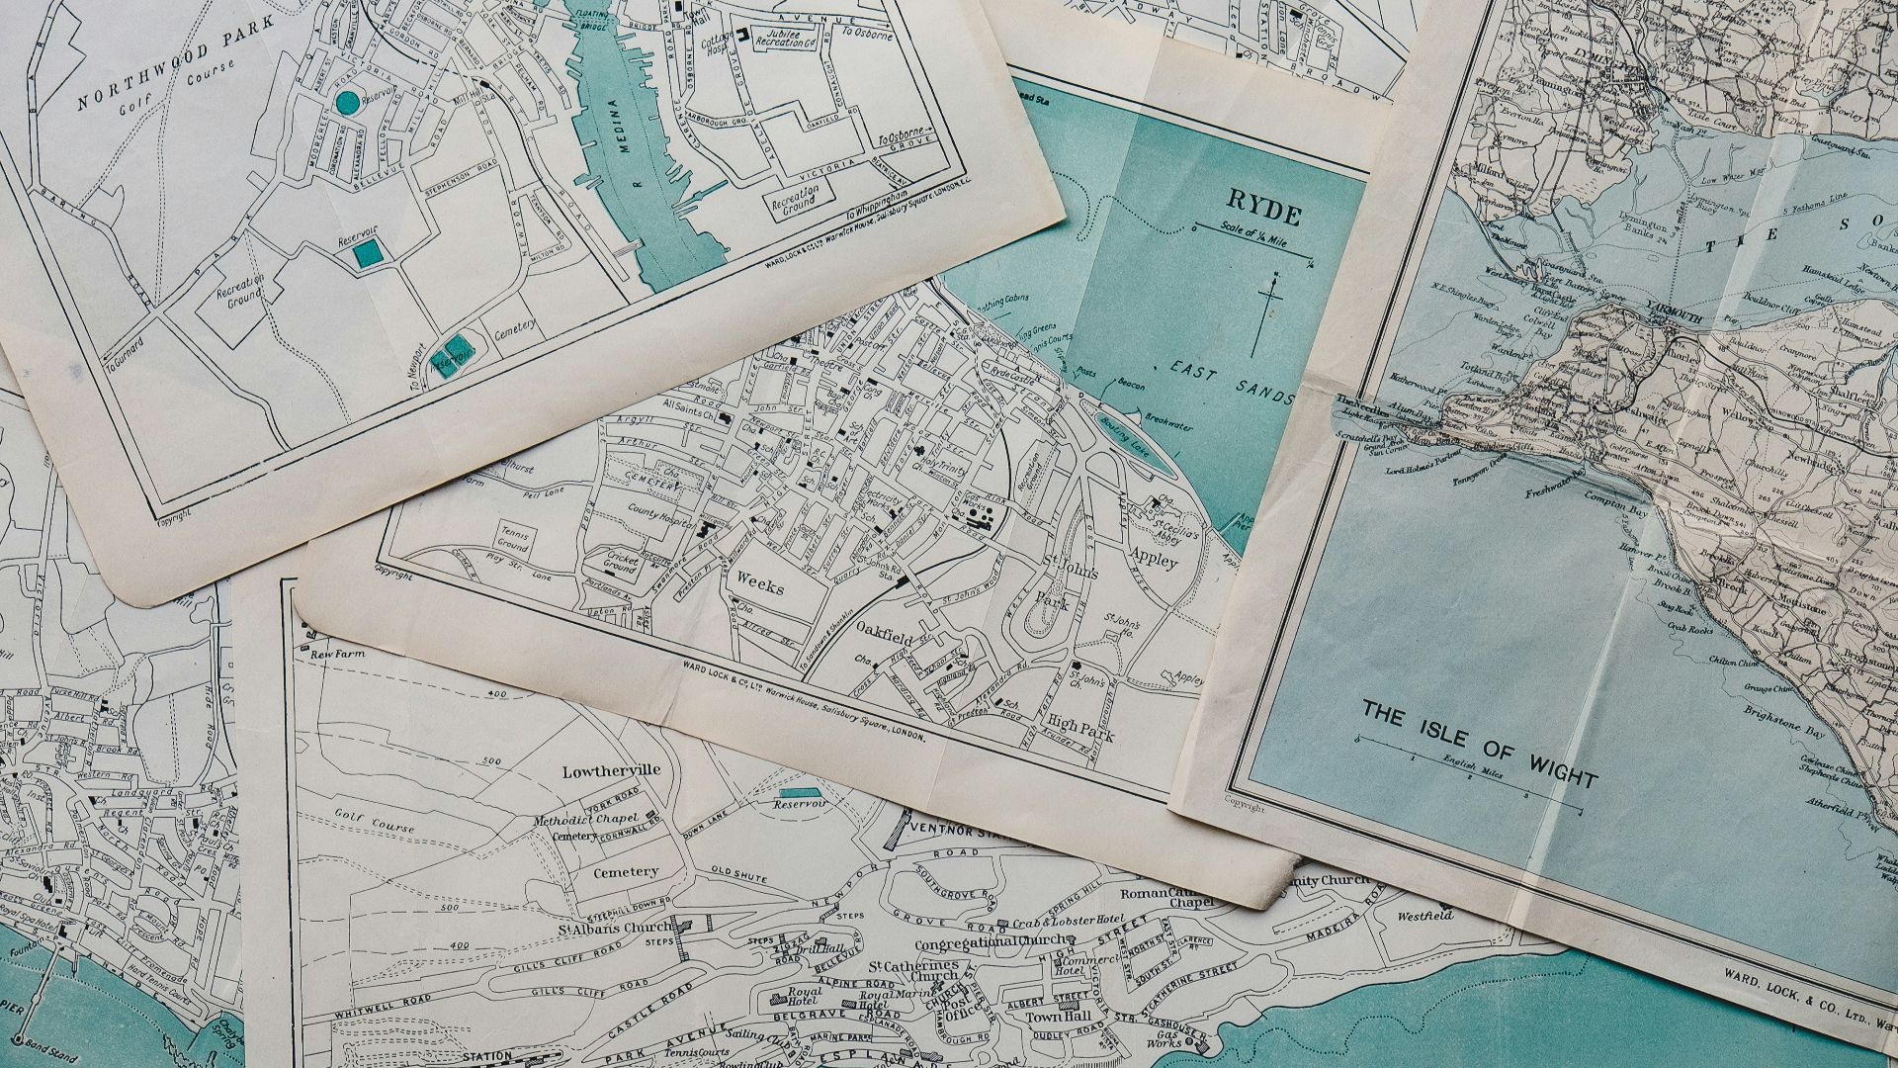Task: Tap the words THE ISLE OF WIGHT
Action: tap(1480, 744)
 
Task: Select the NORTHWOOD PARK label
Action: tap(153, 86)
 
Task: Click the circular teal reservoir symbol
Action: tap(347, 102)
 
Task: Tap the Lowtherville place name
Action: tap(610, 770)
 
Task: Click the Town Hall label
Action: tap(1049, 1018)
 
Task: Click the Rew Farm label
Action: tap(331, 655)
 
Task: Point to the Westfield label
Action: tap(1424, 916)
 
